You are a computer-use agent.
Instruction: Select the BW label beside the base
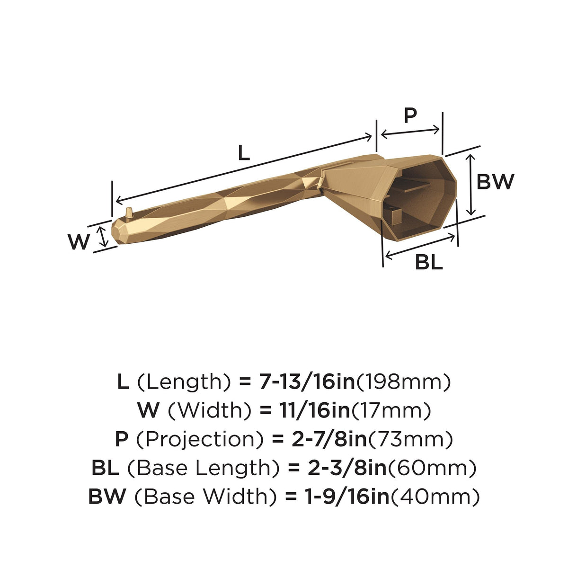pos(495,182)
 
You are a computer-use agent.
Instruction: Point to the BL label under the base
pos(429,262)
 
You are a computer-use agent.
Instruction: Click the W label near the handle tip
pos(79,242)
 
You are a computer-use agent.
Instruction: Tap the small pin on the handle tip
pos(129,213)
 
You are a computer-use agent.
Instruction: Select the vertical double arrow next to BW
pos(471,184)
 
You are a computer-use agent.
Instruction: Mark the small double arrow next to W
pos(103,236)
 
